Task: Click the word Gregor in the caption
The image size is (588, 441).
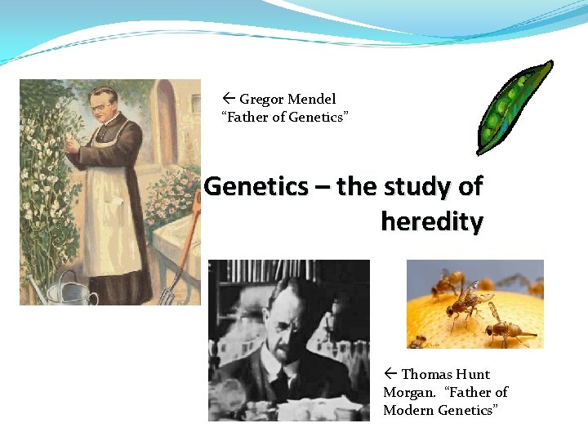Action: [261, 100]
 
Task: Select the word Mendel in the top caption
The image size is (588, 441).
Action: [310, 100]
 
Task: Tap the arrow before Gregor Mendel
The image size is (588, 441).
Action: [229, 100]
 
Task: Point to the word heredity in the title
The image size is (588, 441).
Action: [431, 220]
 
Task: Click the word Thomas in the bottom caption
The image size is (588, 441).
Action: [426, 375]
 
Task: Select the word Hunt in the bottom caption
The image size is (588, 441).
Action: [473, 375]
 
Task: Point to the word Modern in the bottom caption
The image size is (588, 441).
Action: [408, 410]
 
